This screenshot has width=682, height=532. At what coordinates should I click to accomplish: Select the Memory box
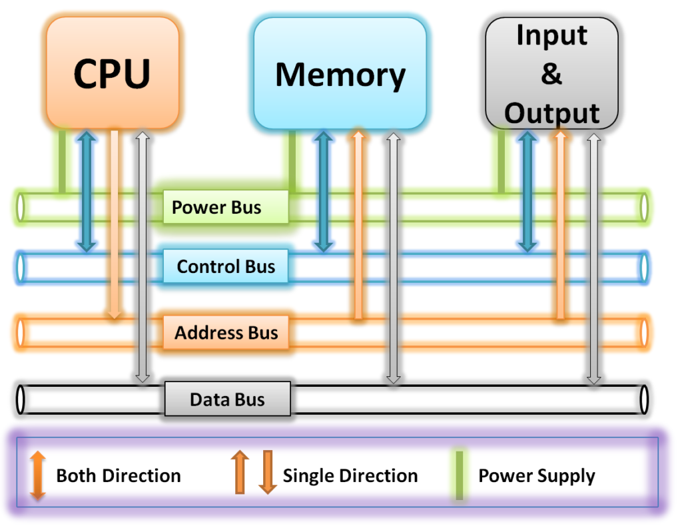pyautogui.click(x=340, y=73)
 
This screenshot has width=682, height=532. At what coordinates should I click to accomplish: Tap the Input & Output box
pyautogui.click(x=551, y=73)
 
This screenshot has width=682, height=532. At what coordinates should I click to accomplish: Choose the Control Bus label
pyautogui.click(x=226, y=266)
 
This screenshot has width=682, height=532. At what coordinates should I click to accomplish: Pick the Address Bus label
pyautogui.click(x=226, y=332)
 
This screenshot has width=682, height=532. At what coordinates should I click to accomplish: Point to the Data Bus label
pyautogui.click(x=227, y=399)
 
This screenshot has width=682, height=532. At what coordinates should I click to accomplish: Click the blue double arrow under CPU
pyautogui.click(x=86, y=190)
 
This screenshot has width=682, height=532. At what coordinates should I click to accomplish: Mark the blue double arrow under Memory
pyautogui.click(x=324, y=190)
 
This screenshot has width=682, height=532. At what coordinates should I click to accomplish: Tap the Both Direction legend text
pyautogui.click(x=118, y=476)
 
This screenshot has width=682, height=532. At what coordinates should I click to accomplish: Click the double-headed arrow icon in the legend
pyautogui.click(x=38, y=475)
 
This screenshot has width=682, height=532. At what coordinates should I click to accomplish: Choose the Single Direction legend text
pyautogui.click(x=350, y=476)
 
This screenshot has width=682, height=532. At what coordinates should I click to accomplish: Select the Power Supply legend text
pyautogui.click(x=537, y=476)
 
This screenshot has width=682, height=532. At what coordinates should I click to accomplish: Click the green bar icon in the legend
pyautogui.click(x=459, y=474)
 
